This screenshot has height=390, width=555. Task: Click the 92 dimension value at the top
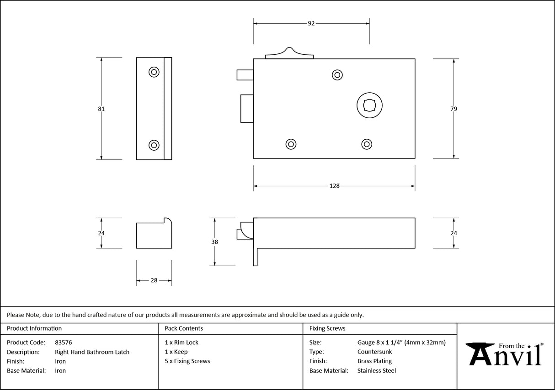311,23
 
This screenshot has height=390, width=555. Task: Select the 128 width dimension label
334,186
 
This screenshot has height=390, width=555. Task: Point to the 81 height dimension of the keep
101,109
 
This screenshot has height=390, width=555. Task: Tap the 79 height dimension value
453,109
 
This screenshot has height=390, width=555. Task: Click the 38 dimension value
215,242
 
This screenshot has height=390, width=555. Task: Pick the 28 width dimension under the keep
154,280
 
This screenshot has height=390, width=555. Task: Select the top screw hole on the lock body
337,75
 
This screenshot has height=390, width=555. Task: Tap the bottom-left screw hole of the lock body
291,144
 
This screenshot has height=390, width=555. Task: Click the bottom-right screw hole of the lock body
366,144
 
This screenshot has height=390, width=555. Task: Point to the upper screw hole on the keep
154,72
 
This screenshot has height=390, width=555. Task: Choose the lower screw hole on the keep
154,145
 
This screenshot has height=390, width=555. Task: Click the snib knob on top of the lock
289,53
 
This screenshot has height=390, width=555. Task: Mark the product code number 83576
63,343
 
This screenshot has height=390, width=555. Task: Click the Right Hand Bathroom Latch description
92,352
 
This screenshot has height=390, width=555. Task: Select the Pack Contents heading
184,328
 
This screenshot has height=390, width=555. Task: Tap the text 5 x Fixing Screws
187,361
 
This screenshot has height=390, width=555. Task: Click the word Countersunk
374,352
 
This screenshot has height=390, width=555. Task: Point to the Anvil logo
505,354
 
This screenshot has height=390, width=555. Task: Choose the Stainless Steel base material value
376,371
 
